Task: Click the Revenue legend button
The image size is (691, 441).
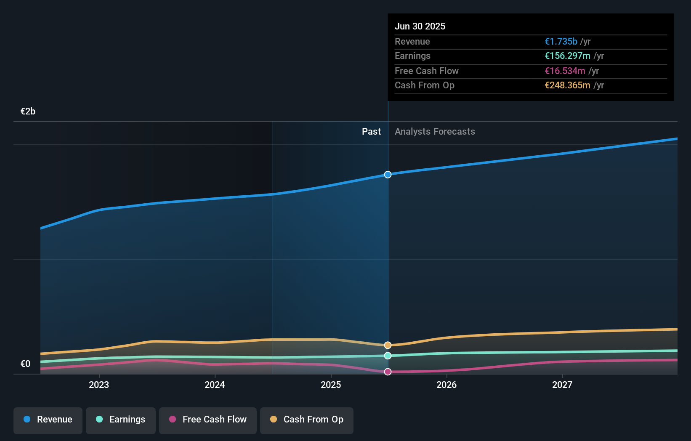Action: (48, 420)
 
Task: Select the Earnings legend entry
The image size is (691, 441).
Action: (121, 420)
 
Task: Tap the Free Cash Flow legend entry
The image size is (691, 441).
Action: (208, 420)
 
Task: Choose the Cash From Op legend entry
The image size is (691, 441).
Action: (307, 420)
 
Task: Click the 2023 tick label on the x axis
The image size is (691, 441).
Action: (99, 385)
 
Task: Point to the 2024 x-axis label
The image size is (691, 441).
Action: (215, 385)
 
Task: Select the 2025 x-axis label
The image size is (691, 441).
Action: (331, 385)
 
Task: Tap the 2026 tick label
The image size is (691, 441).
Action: (446, 385)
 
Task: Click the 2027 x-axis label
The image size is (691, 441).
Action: (562, 385)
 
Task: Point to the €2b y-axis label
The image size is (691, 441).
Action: (28, 112)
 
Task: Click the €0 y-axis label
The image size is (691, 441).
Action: (25, 364)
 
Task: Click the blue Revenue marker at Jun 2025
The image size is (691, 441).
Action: (388, 175)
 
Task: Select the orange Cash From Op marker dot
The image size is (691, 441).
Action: (388, 345)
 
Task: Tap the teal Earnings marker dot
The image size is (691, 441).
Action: (388, 356)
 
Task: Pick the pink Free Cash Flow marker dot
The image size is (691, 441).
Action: (388, 372)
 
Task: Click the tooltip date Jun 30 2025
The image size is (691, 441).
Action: (420, 27)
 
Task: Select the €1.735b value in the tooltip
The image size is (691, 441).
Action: (561, 42)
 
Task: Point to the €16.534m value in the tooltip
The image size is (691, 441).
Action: (565, 71)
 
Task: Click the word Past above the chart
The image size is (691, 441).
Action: (371, 132)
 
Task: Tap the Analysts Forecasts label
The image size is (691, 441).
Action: (435, 132)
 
